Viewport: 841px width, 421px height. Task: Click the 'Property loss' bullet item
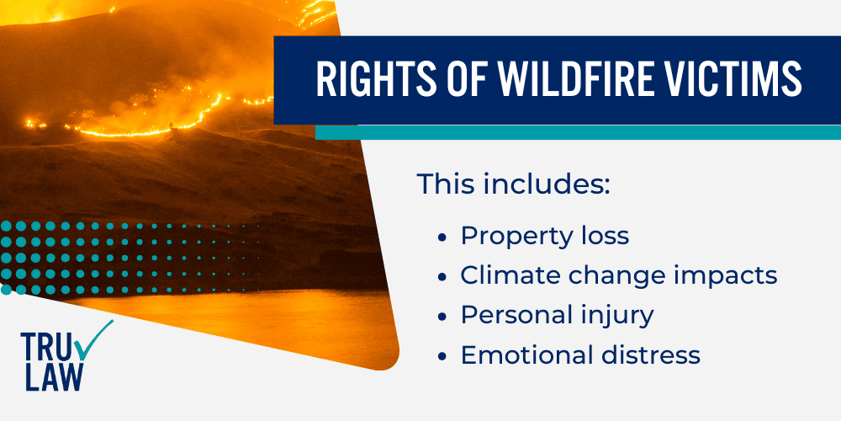click(544, 236)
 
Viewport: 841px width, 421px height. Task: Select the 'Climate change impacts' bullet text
click(618, 275)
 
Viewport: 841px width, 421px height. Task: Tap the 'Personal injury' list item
click(557, 315)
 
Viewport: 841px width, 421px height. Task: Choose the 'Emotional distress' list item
click(580, 354)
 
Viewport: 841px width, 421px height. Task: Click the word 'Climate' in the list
click(504, 275)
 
